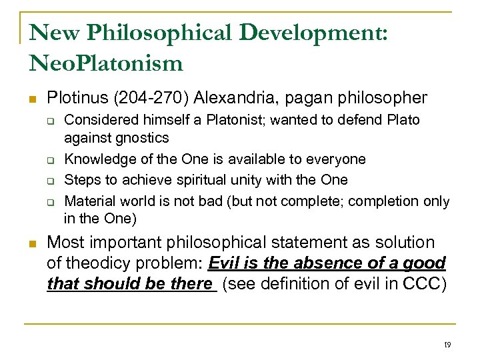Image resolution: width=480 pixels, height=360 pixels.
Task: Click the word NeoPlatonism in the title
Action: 106,63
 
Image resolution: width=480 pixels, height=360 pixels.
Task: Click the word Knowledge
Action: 95,159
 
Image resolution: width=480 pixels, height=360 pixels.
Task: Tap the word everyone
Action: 338,159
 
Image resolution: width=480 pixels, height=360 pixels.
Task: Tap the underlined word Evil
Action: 224,263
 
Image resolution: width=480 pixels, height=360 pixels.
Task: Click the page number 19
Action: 447,345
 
